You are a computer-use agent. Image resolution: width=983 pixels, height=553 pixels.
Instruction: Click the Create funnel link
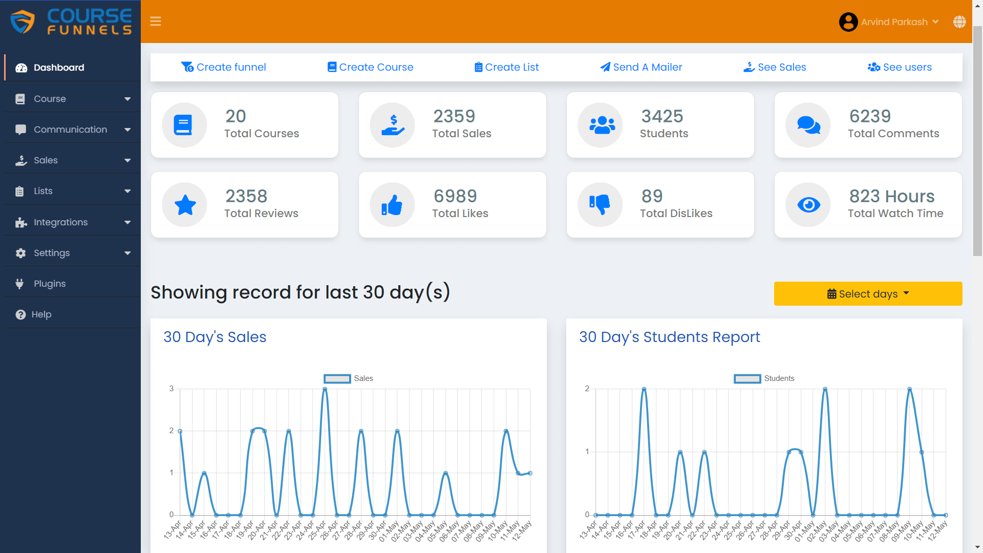click(x=224, y=67)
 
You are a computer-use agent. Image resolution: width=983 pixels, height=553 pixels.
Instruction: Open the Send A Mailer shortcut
click(x=641, y=67)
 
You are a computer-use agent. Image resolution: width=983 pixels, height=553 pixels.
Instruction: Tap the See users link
click(x=900, y=67)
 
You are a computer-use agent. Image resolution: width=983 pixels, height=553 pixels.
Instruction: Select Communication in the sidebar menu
click(x=70, y=130)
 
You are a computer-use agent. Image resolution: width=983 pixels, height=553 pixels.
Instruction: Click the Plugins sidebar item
click(x=49, y=284)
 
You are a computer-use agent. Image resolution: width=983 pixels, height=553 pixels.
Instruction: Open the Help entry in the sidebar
click(x=41, y=314)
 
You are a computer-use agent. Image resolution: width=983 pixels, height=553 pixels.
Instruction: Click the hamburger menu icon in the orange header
click(x=156, y=22)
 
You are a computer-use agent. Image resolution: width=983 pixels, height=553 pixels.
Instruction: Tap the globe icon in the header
click(x=959, y=22)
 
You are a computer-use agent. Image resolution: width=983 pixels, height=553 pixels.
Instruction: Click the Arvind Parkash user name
click(x=894, y=22)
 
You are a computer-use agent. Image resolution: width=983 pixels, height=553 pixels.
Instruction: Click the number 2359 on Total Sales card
click(x=454, y=116)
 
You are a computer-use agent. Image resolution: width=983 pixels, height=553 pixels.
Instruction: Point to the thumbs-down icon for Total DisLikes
click(x=600, y=204)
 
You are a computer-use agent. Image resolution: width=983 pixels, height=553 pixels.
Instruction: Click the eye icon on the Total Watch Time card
click(x=808, y=205)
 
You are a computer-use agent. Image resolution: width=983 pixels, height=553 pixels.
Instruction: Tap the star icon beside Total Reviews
click(x=185, y=205)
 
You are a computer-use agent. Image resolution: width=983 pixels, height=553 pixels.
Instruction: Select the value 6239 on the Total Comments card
click(x=870, y=116)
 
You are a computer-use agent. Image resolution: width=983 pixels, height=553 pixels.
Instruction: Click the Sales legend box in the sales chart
click(x=337, y=378)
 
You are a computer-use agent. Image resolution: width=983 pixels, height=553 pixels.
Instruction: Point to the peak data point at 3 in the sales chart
click(x=325, y=389)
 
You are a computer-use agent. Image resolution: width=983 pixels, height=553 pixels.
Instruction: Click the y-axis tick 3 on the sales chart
click(x=172, y=389)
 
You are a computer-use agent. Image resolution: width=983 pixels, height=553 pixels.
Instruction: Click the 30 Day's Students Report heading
click(x=669, y=337)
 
